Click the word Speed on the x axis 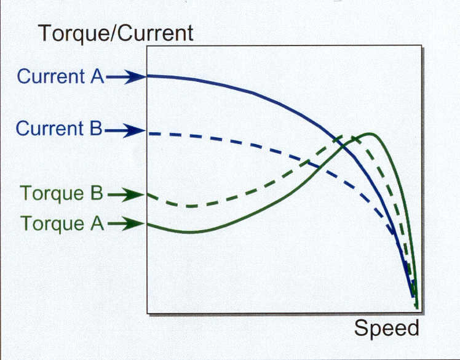[386, 329]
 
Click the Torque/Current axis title [116, 33]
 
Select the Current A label [60, 76]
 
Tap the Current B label [59, 129]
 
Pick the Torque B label [61, 193]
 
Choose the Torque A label [62, 223]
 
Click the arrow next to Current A [125, 77]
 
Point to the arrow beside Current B [125, 130]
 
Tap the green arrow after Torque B [125, 194]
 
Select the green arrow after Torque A [126, 223]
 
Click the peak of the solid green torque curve [370, 134]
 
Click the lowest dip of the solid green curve [189, 232]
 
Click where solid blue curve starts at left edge [148, 76]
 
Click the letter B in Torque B [97, 193]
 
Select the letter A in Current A [97, 76]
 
